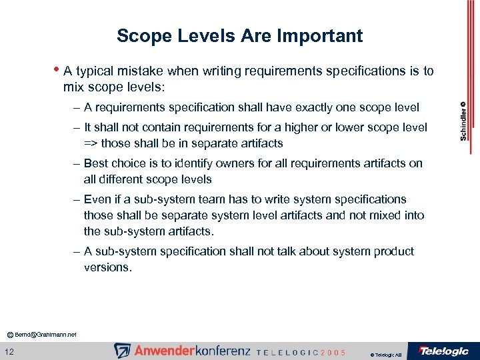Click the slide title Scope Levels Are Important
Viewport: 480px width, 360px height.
(x=239, y=35)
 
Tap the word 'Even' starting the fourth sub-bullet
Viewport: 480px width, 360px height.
(x=97, y=199)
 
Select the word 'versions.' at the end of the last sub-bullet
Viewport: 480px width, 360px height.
(x=108, y=267)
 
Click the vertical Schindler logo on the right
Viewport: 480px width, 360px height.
(x=463, y=121)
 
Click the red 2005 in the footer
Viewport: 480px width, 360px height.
(x=333, y=353)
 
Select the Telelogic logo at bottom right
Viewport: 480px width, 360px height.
(x=443, y=351)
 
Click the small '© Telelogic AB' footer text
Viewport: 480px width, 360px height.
(x=385, y=355)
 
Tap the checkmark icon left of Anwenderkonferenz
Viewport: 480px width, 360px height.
(x=123, y=351)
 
